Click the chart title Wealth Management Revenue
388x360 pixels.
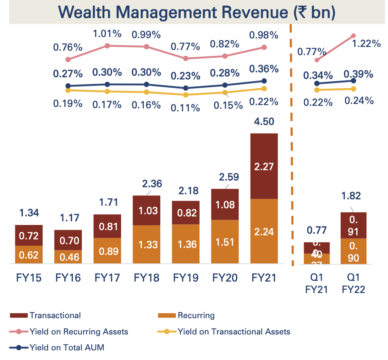[197, 12]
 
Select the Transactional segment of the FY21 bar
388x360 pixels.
[264, 166]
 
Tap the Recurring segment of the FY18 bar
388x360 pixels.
[146, 244]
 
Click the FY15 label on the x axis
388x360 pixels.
[29, 277]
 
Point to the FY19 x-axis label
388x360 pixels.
[185, 277]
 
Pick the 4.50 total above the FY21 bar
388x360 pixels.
[264, 121]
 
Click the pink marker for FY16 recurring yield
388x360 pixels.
[107, 46]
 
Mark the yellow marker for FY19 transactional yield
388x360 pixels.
[186, 95]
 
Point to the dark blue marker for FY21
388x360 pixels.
[264, 81]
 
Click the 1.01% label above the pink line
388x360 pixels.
[107, 34]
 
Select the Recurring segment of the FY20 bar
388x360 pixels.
[225, 242]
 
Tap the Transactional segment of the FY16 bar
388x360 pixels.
[68, 240]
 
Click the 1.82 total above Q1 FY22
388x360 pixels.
[353, 196]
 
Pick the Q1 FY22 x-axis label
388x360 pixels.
[353, 283]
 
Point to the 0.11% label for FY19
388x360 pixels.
[185, 108]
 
